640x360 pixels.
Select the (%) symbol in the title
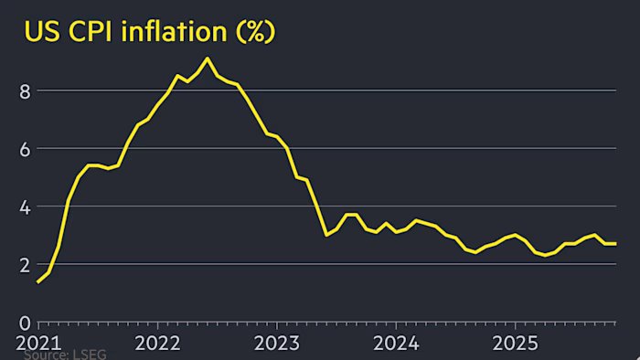point(253,33)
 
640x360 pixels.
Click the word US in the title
point(43,32)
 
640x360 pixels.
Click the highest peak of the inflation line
point(208,58)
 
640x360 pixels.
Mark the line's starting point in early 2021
point(38,282)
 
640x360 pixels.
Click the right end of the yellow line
point(615,243)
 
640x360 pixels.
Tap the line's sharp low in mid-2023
point(326,235)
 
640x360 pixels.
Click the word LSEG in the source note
point(91,355)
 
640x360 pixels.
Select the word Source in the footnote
point(46,355)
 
